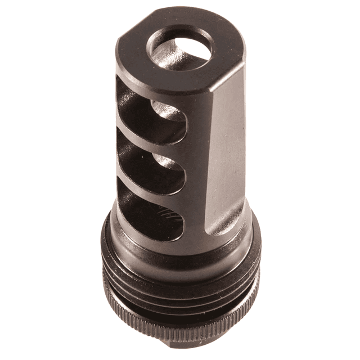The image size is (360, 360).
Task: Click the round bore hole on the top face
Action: pos(180,49)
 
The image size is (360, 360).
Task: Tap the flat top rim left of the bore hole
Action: pos(135,53)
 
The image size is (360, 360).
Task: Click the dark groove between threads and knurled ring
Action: pos(180,298)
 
